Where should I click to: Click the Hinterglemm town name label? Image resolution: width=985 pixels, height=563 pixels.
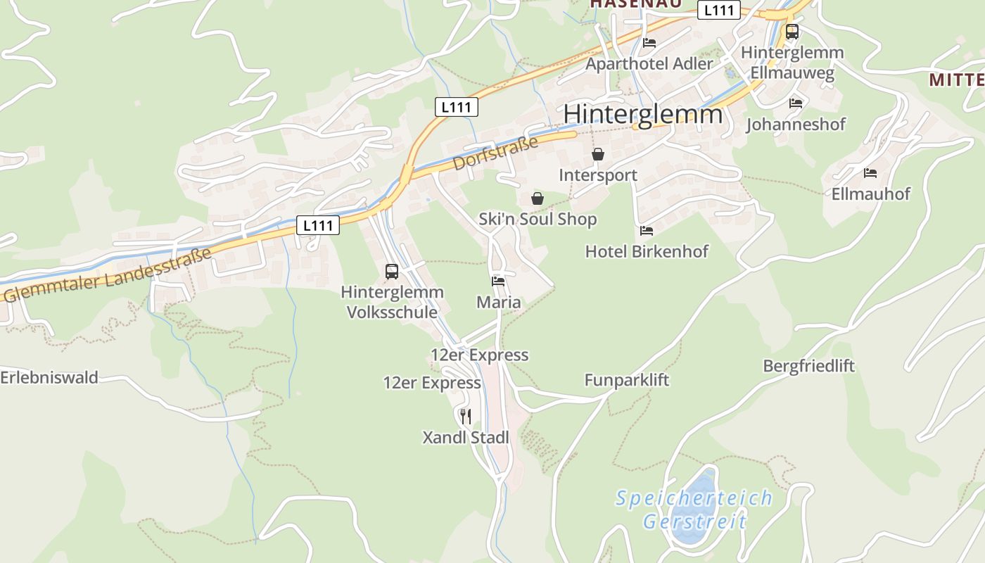(x=642, y=114)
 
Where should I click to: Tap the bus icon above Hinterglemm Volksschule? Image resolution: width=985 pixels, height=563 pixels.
(x=392, y=271)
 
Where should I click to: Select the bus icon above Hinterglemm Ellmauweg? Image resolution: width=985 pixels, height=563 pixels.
(x=792, y=31)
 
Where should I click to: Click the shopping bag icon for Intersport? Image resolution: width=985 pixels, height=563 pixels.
(x=598, y=154)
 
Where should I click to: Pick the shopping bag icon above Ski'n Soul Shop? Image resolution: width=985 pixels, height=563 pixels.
(x=538, y=198)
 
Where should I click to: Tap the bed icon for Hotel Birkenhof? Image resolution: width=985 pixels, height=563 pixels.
(x=647, y=230)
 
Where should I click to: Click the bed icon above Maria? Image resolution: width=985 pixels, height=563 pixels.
(x=498, y=281)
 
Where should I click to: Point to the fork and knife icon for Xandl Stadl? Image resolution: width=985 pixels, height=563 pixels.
(x=465, y=416)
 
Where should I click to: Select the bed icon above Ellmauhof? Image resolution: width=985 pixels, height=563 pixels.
(x=870, y=172)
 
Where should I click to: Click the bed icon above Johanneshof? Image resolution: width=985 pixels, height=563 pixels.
(x=796, y=103)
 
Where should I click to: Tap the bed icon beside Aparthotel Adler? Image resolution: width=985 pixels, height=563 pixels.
(x=649, y=43)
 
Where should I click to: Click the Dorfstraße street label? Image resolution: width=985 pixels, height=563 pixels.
(x=495, y=153)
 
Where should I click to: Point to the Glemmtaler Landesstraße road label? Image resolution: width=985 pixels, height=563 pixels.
(x=107, y=275)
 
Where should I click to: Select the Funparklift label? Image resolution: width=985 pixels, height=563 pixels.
(x=627, y=381)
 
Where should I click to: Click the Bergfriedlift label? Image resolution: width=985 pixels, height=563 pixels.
(x=808, y=366)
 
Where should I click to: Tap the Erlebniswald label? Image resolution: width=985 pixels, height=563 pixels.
(x=49, y=377)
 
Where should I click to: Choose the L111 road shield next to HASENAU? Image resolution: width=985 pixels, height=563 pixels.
(x=719, y=10)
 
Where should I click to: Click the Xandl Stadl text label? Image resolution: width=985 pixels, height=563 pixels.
(x=465, y=438)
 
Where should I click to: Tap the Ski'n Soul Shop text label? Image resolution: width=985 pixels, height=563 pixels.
(x=538, y=220)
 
